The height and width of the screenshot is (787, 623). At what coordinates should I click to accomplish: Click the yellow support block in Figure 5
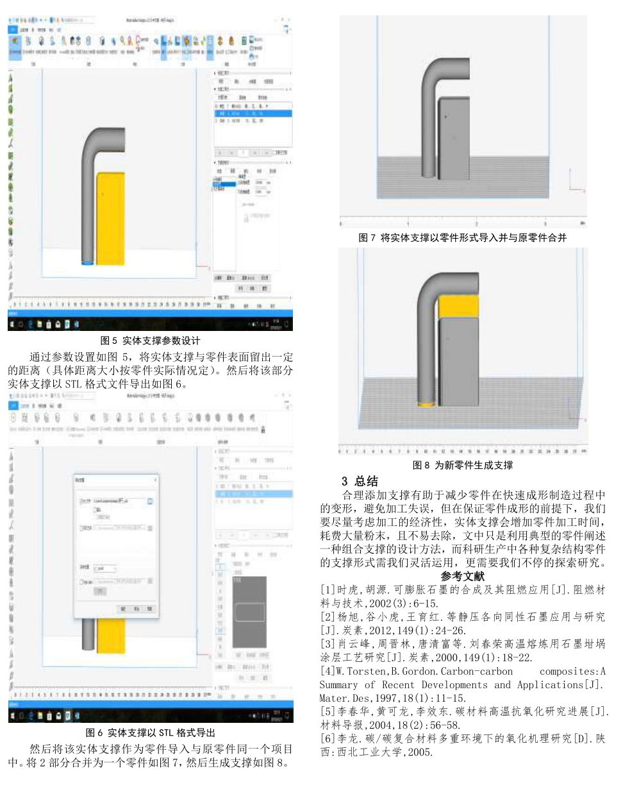pos(110,218)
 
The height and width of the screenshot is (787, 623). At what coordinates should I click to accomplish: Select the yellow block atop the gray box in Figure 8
pos(458,306)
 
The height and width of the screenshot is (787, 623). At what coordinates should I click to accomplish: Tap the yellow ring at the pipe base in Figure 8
pos(425,404)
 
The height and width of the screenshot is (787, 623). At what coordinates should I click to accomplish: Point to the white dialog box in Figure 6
pos(117,545)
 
